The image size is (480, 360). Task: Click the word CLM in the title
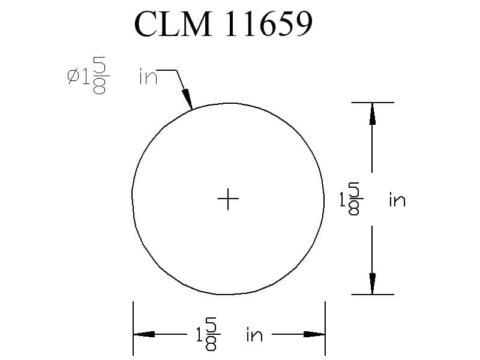pyautogui.click(x=173, y=24)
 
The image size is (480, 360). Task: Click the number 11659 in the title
pyautogui.click(x=268, y=24)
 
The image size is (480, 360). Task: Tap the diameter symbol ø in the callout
pyautogui.click(x=73, y=76)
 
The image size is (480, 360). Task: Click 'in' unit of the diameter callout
pyautogui.click(x=147, y=77)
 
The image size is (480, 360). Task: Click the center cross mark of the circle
pyautogui.click(x=228, y=199)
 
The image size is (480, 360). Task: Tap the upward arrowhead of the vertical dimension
pyautogui.click(x=372, y=113)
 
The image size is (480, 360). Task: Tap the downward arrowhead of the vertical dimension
pyautogui.click(x=372, y=284)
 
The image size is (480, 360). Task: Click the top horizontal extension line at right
pyautogui.click(x=372, y=103)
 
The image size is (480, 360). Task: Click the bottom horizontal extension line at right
pyautogui.click(x=372, y=295)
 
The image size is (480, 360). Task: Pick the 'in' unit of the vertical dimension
pyautogui.click(x=397, y=199)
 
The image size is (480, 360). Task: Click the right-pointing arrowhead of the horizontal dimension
pyautogui.click(x=314, y=334)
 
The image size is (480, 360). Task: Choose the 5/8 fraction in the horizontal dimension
pyautogui.click(x=211, y=334)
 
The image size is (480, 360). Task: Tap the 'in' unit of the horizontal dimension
pyautogui.click(x=254, y=335)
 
